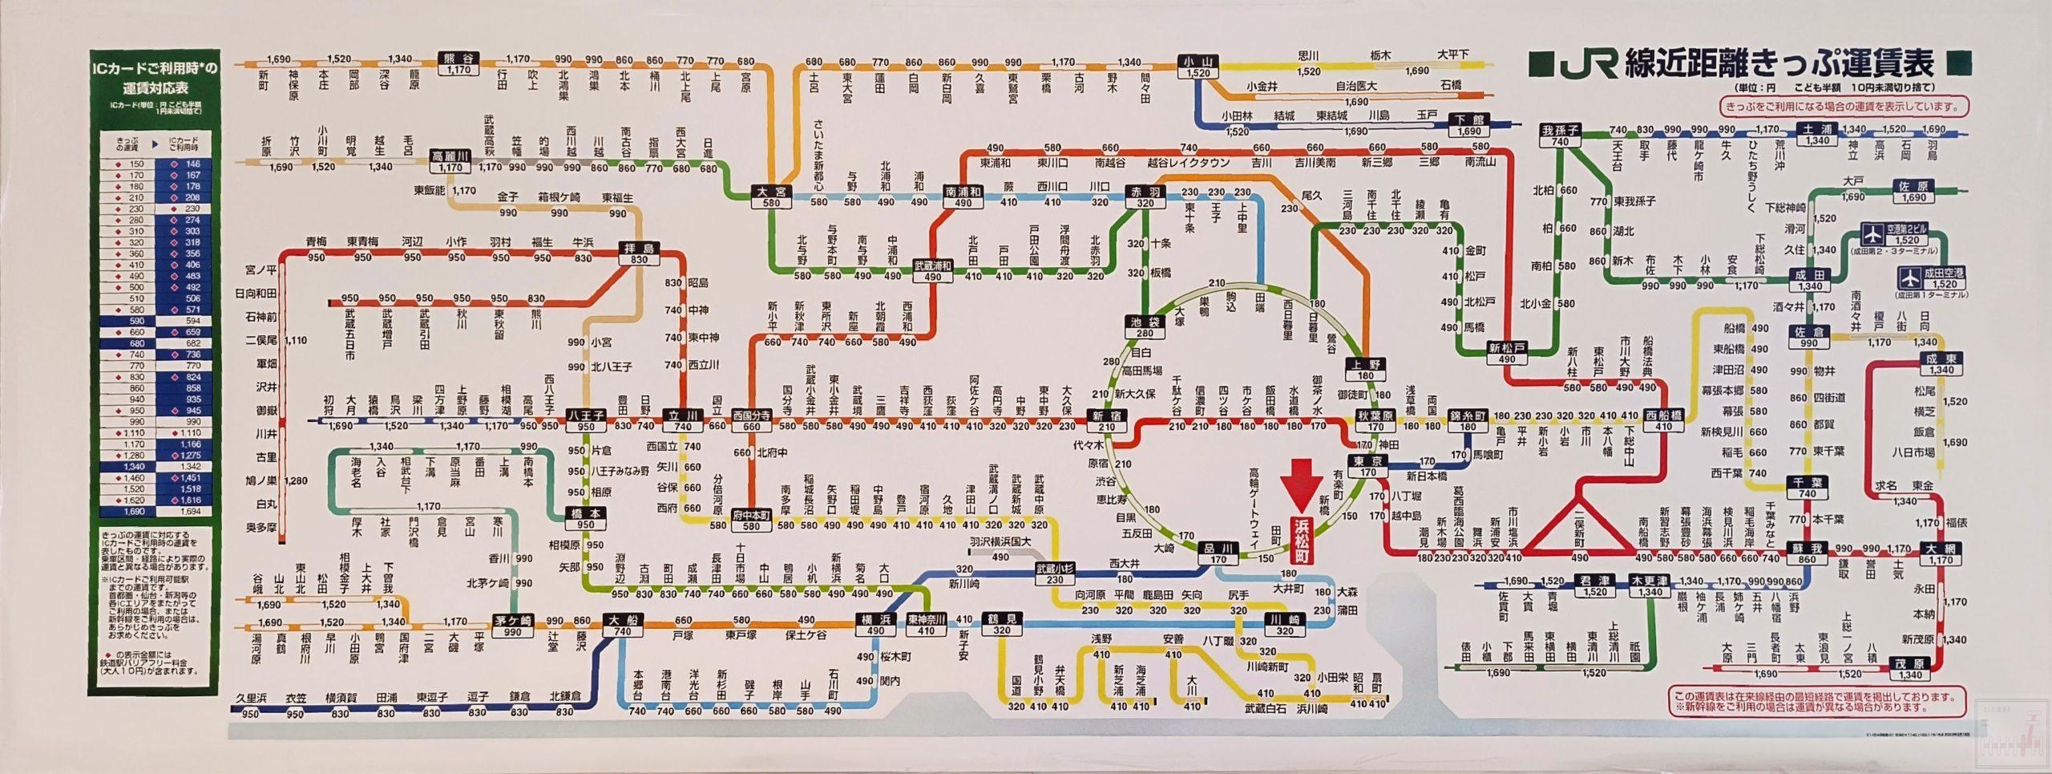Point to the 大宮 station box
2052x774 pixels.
(773, 197)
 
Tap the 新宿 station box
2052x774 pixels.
(1106, 420)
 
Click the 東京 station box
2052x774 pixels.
(1367, 466)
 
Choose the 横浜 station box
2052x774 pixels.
(875, 626)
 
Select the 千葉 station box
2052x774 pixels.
(1807, 488)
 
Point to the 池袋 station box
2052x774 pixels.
(1144, 327)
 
